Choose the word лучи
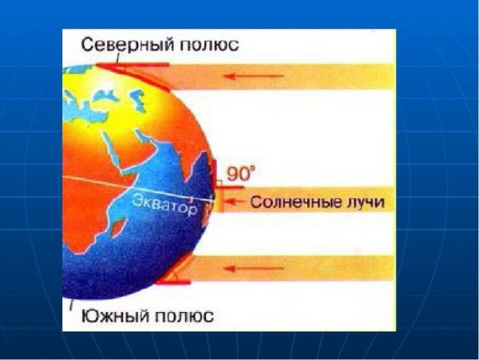pos(364,203)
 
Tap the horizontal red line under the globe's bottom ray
pos(176,283)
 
